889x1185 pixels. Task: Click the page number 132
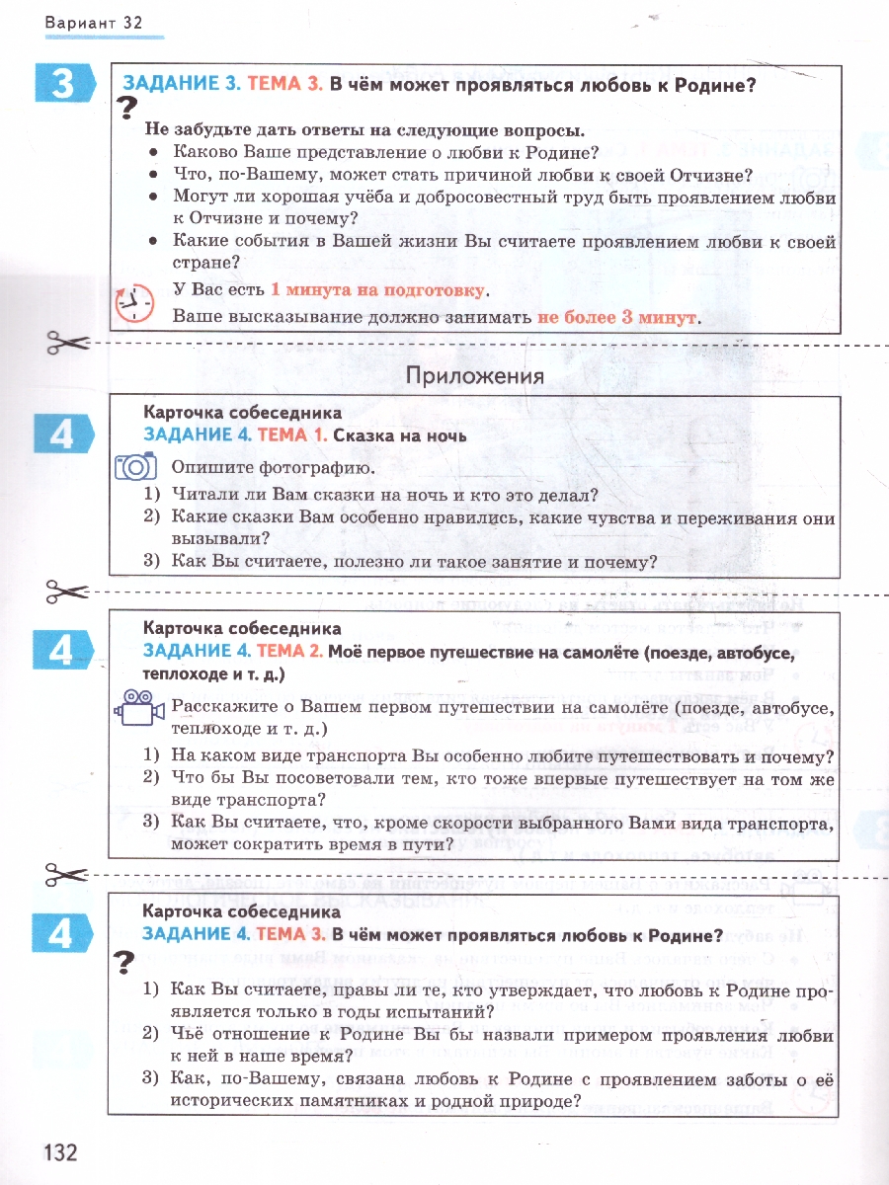pos(60,1151)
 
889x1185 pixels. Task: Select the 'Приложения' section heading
pos(475,375)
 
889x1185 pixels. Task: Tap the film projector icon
pos(136,708)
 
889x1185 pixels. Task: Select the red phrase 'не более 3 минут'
pos(617,318)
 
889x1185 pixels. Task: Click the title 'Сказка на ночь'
pos(399,435)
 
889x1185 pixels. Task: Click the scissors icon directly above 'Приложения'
pos(67,344)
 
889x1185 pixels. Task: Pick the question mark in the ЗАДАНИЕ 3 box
pos(125,110)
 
